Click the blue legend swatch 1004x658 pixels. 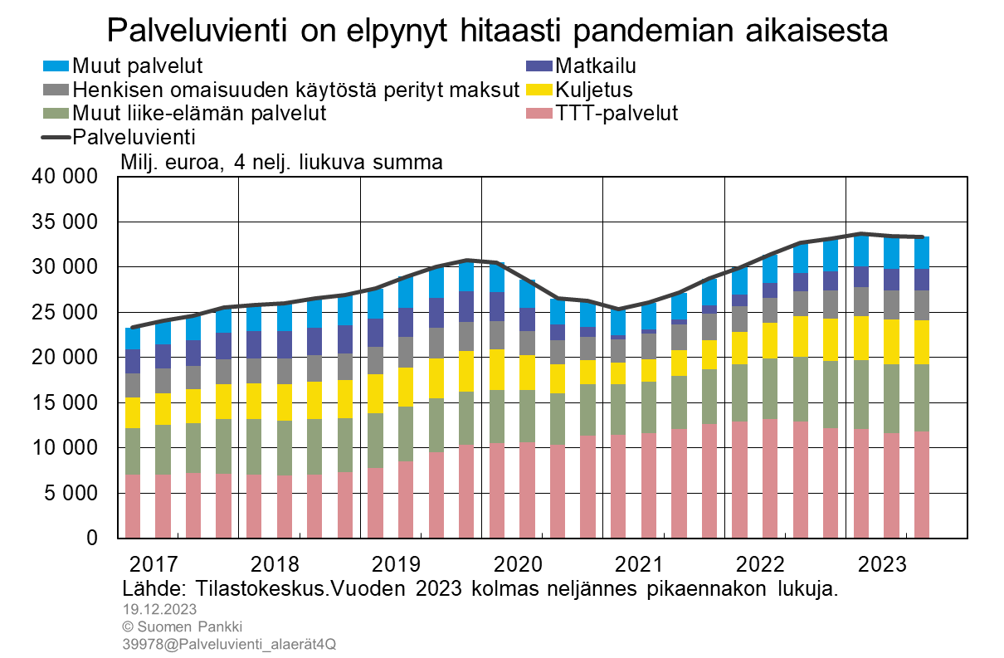tap(56, 66)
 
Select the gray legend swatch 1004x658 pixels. tap(56, 90)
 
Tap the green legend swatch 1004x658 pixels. tap(56, 113)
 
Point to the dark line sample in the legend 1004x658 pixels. tap(56, 137)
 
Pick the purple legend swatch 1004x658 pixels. tap(539, 66)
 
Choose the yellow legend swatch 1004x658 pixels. tap(539, 90)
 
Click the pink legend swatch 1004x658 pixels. tap(539, 113)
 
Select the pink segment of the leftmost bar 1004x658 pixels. tap(133, 505)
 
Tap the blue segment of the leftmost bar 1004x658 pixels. tap(133, 339)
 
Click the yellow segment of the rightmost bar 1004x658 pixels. tap(921, 342)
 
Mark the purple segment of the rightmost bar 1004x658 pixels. tap(921, 280)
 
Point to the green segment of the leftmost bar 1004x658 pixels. tap(133, 451)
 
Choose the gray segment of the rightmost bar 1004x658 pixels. tap(921, 305)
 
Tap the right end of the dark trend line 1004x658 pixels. tap(922, 236)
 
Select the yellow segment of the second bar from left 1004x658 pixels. tap(163, 409)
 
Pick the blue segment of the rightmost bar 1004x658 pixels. tap(921, 253)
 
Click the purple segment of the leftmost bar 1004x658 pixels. tap(133, 361)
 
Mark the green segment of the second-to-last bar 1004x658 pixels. tap(891, 398)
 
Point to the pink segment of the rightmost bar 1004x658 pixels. tap(921, 484)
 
